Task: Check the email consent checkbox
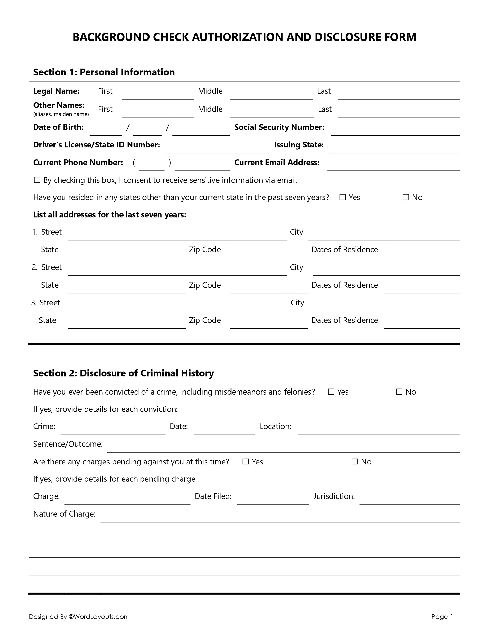[37, 180]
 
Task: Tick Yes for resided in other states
[343, 197]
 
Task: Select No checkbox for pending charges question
[355, 461]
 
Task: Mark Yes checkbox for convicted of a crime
[331, 392]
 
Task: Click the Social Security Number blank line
[395, 132]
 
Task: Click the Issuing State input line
[393, 149]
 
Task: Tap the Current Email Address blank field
[393, 167]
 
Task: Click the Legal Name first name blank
[157, 96]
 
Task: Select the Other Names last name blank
[399, 114]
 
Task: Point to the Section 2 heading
[123, 373]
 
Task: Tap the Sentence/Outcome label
[68, 444]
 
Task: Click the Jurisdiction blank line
[409, 501]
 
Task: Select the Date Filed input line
[273, 501]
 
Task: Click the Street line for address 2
[177, 272]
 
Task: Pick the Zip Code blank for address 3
[269, 325]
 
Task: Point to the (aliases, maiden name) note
[61, 114]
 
